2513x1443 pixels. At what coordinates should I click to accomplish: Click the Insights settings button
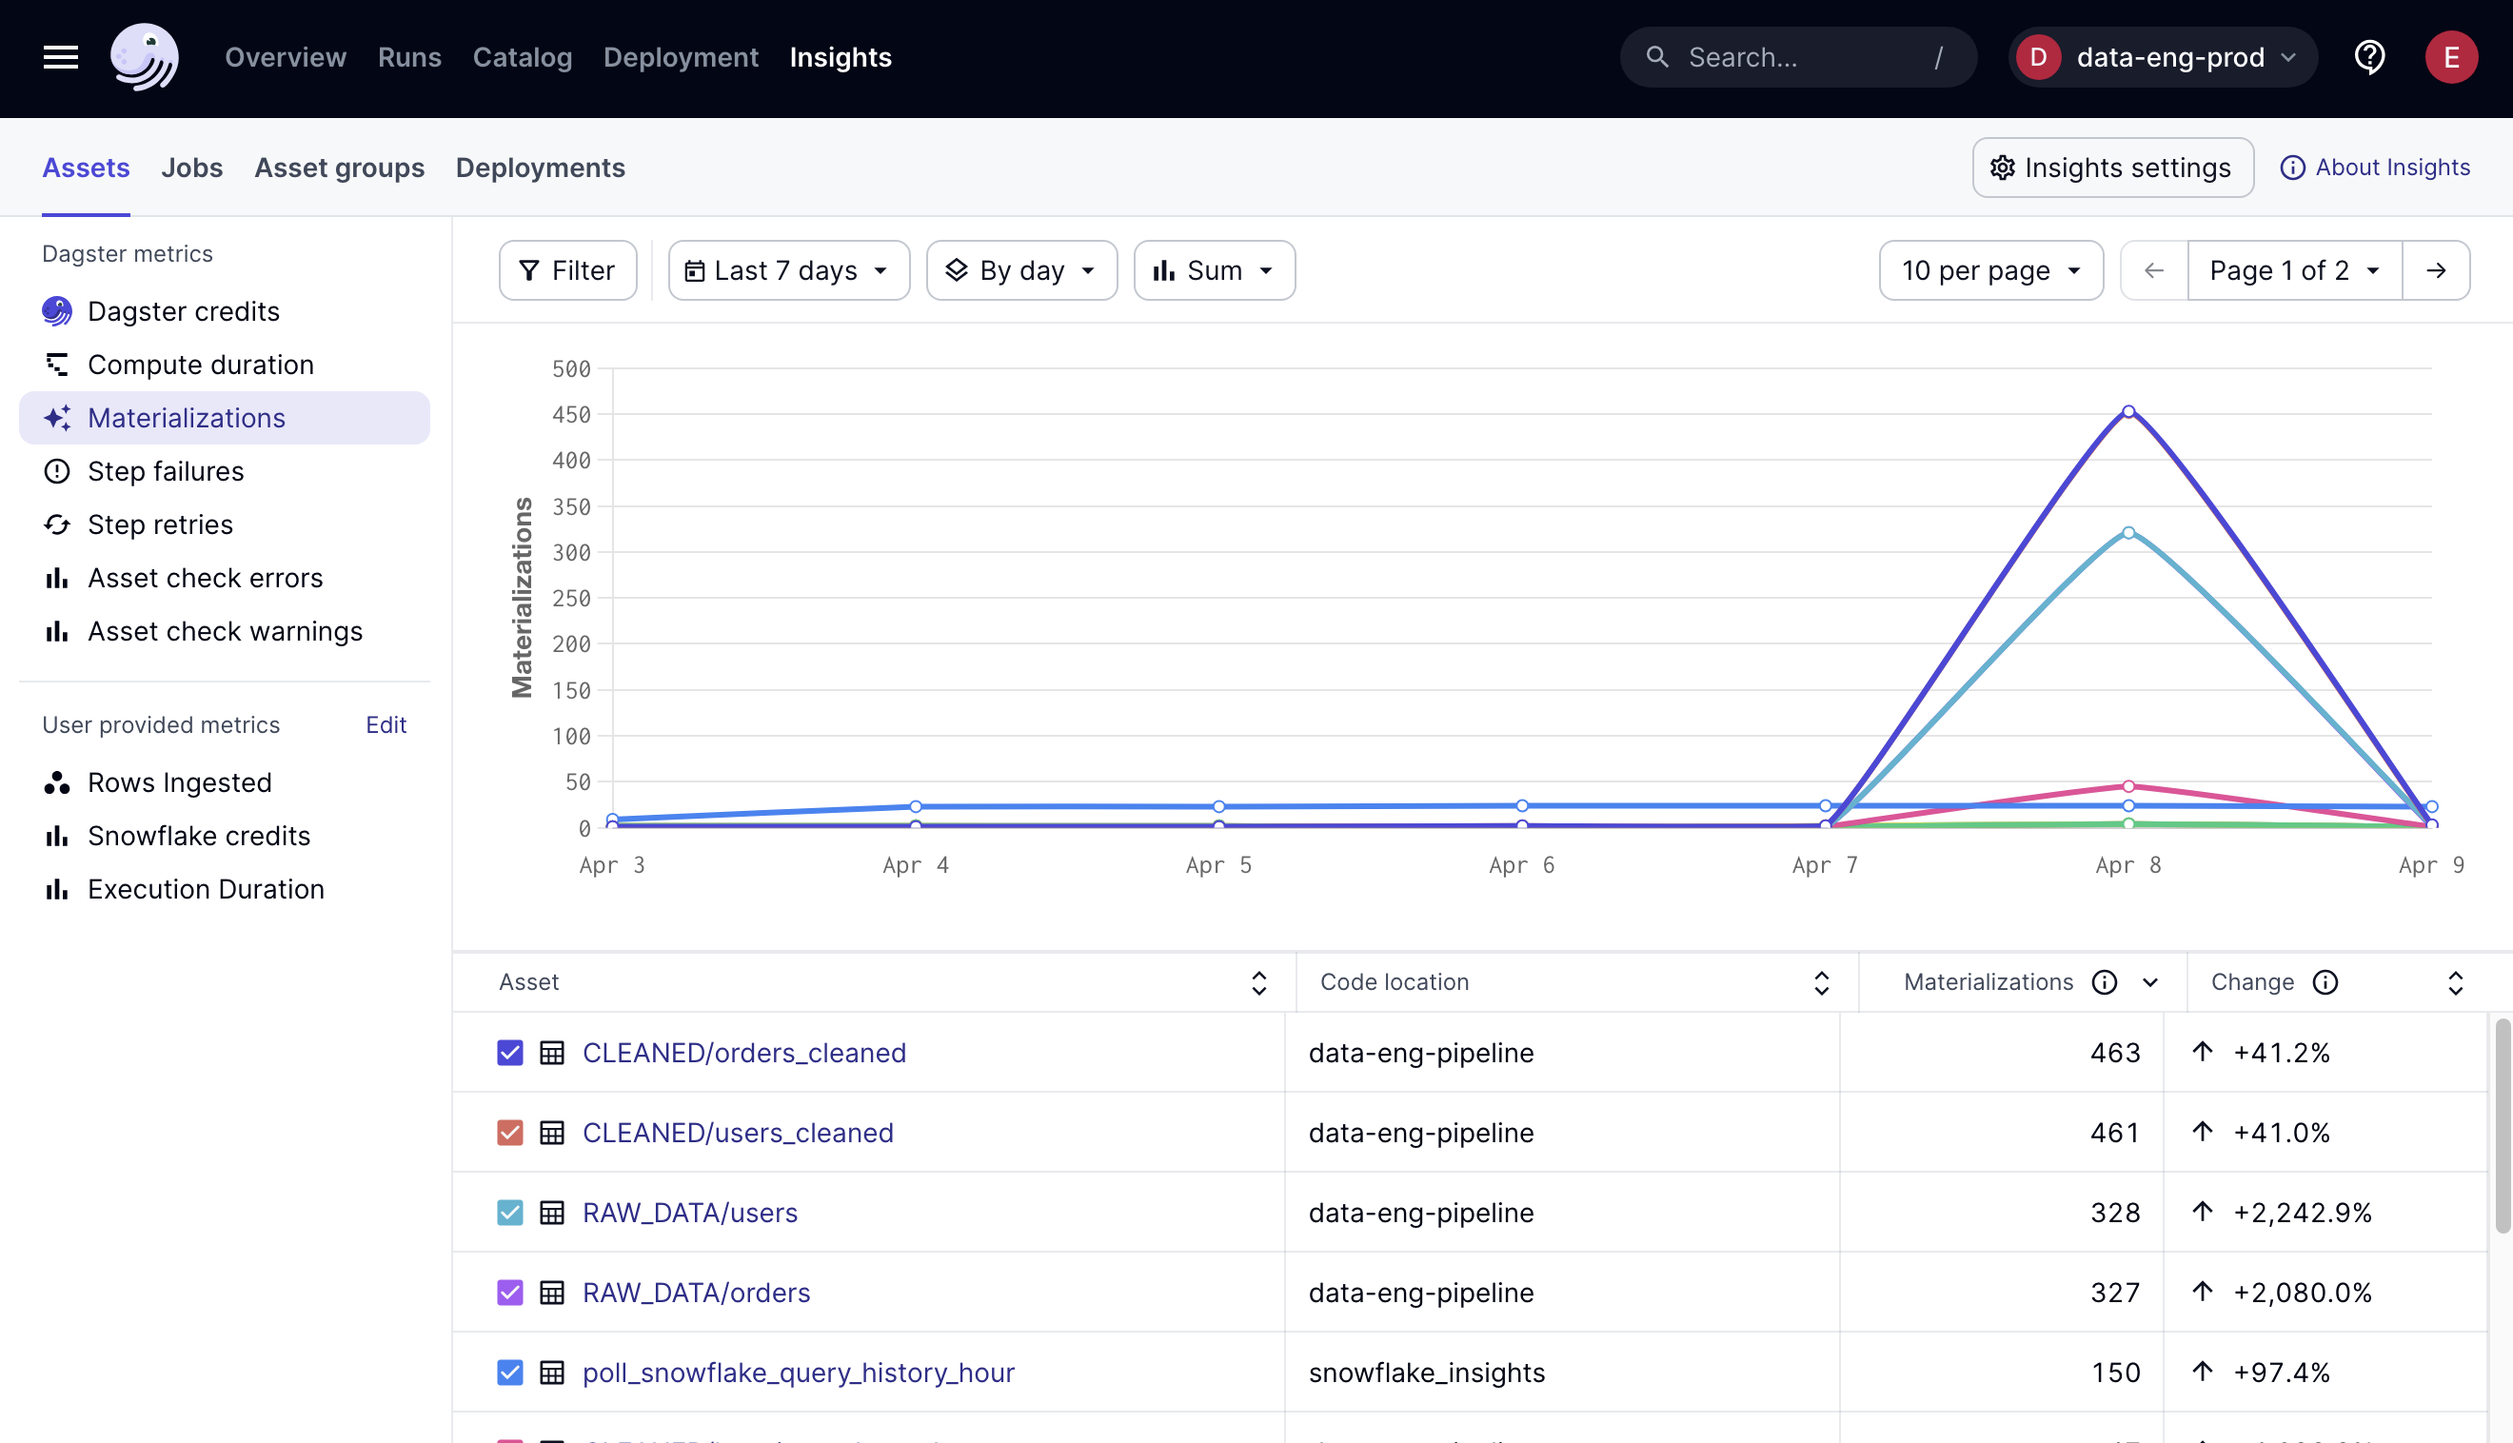click(2111, 168)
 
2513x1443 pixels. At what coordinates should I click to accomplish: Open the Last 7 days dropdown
click(788, 270)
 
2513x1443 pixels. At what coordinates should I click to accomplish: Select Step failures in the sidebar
click(166, 472)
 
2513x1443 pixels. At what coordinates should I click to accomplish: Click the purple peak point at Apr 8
click(2127, 411)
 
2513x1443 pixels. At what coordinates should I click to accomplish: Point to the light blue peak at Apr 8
click(2127, 533)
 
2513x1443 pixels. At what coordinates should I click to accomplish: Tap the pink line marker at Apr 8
click(2127, 787)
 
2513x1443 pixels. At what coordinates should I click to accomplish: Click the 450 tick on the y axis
click(571, 415)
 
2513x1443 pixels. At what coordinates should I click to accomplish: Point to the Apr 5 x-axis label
click(1217, 865)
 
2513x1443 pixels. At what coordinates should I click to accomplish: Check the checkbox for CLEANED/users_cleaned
click(509, 1133)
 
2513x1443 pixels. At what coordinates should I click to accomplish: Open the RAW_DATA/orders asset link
click(696, 1293)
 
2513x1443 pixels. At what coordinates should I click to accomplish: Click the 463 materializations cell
click(2115, 1053)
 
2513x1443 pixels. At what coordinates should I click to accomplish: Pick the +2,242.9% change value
click(2302, 1213)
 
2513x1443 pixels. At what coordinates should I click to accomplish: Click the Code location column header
click(1395, 982)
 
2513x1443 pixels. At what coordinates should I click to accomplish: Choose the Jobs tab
click(191, 168)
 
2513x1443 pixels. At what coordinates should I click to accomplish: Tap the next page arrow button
click(2436, 270)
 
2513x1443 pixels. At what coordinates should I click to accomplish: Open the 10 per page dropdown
click(1989, 270)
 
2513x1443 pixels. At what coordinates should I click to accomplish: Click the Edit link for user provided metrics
click(386, 725)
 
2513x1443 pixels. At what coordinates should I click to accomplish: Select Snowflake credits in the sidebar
click(198, 837)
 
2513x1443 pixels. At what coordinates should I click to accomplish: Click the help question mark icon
click(2369, 57)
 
